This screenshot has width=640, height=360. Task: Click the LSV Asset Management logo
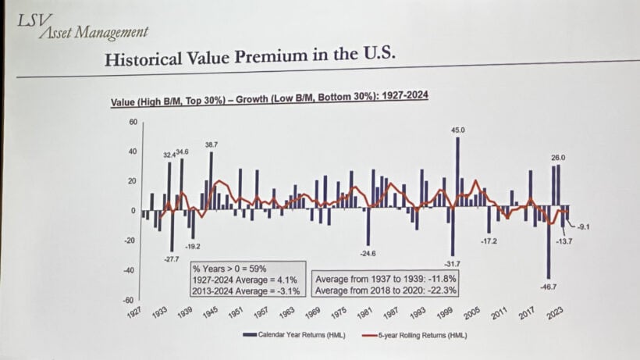81,26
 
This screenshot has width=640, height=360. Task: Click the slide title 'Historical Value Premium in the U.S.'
250,59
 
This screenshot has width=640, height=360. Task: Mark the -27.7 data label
172,258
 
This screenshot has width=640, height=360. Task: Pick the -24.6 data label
367,254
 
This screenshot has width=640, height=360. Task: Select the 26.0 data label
557,159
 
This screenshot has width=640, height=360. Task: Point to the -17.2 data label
488,241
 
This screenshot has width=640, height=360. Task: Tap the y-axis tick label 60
133,122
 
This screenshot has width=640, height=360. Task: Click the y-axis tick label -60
131,300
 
